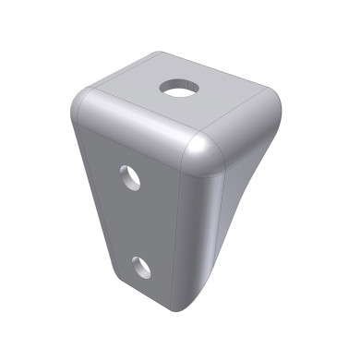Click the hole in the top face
click(179, 88)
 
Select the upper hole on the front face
click(131, 176)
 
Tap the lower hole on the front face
click(141, 267)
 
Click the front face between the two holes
click(138, 222)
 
